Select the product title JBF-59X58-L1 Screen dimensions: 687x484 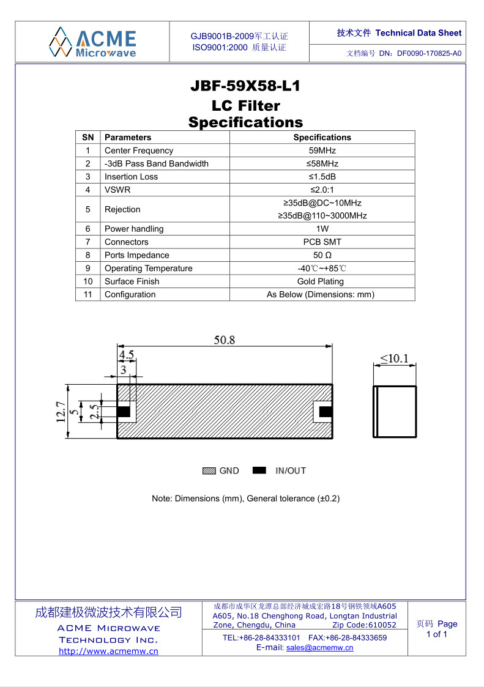coord(245,86)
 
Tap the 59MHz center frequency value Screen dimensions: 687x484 coord(322,150)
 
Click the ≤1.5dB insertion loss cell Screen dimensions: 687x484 coord(322,177)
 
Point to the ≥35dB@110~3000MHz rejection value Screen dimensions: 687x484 coord(322,216)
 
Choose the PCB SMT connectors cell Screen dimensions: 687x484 coord(322,242)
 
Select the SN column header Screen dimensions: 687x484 coord(88,138)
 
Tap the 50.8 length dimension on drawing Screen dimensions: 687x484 coord(224,341)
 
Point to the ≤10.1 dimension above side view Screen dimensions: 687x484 coord(395,358)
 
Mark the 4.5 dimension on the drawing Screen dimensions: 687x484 coord(126,355)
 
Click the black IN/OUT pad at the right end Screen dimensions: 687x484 coord(327,411)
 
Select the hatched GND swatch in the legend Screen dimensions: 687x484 coord(209,470)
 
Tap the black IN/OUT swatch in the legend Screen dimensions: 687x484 coord(259,470)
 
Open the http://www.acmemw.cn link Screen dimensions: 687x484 coord(108,651)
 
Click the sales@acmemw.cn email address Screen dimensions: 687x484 coord(319,648)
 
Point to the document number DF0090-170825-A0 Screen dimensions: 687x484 coord(429,53)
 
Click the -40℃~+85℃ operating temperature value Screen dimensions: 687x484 coord(322,269)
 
